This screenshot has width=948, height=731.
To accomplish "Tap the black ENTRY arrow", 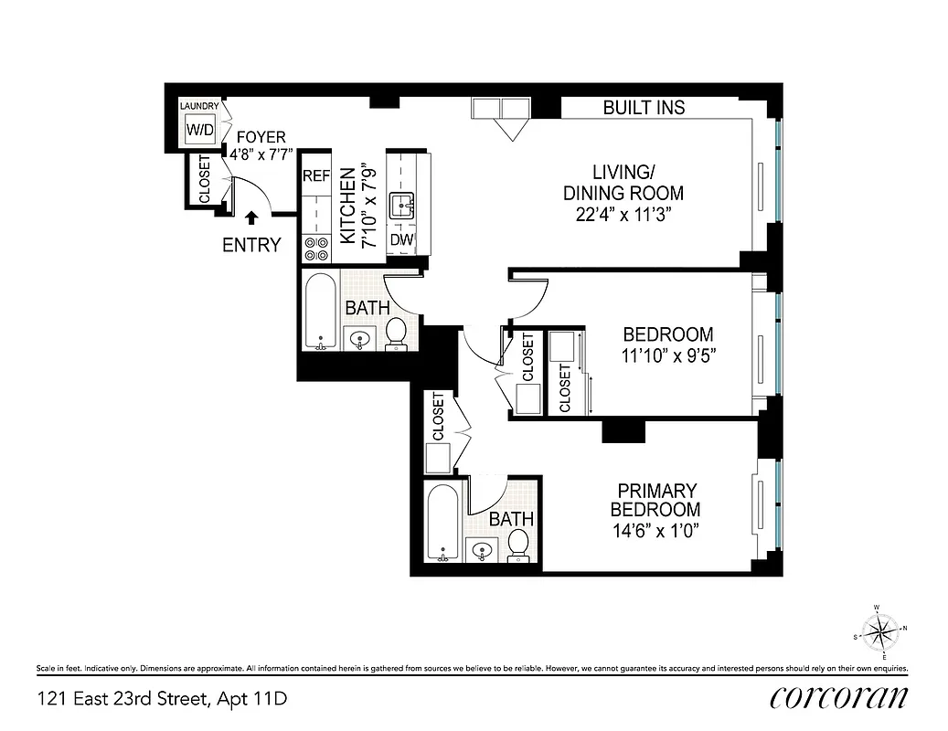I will pyautogui.click(x=252, y=217).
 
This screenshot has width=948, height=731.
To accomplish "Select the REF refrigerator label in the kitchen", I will pyautogui.click(x=316, y=175).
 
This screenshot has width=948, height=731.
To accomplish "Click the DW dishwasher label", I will pyautogui.click(x=400, y=240).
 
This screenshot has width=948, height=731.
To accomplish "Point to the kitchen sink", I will pyautogui.click(x=401, y=206).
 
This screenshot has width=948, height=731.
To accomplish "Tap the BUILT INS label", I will pyautogui.click(x=644, y=108).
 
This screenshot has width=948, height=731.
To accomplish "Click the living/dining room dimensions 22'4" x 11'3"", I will pyautogui.click(x=623, y=215).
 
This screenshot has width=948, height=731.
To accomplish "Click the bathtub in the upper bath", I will pyautogui.click(x=320, y=311).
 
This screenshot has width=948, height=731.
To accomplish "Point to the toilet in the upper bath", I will pyautogui.click(x=396, y=334).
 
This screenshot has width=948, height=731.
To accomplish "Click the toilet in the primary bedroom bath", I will pyautogui.click(x=518, y=544).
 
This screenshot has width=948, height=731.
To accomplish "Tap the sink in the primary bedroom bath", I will pyautogui.click(x=482, y=550).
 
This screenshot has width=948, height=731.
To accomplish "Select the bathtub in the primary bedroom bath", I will pyautogui.click(x=443, y=524).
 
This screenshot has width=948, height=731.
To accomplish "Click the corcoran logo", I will pyautogui.click(x=838, y=697).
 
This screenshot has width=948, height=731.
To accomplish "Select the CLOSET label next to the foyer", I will pyautogui.click(x=203, y=179).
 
